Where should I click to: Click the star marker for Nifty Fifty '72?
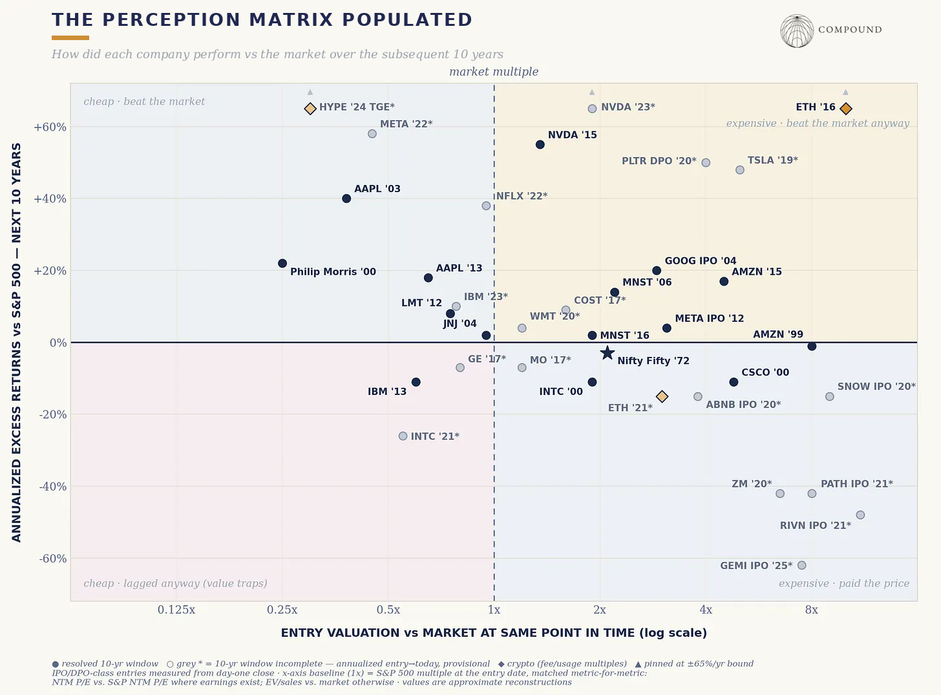point(608,352)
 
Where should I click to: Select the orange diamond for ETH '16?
point(845,109)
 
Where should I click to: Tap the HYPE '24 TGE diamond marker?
point(310,109)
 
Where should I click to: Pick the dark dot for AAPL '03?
point(346,198)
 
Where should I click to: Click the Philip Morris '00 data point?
point(282,263)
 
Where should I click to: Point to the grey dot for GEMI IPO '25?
point(801,565)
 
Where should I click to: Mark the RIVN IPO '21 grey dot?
point(860,515)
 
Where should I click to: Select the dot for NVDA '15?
point(540,144)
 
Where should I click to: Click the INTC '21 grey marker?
point(403,436)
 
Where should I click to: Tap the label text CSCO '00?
point(765,372)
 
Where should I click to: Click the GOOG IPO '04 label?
point(700,261)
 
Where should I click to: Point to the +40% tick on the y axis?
point(50,198)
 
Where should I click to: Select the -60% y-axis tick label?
point(52,559)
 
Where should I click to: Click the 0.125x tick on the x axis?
point(176,610)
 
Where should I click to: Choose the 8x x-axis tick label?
point(811,610)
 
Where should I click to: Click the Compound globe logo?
point(797,31)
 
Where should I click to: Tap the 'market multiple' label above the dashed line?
point(494,72)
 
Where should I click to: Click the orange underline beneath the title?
point(70,37)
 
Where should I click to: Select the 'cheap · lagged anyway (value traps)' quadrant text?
point(175,583)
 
